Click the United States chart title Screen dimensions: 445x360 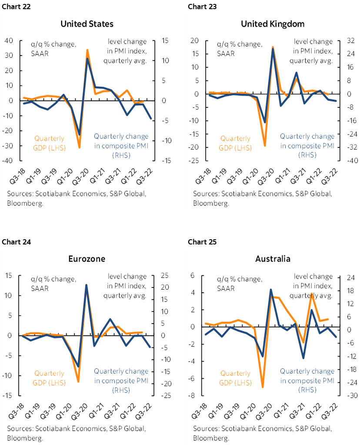[x=87, y=23]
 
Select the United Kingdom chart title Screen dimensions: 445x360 [x=273, y=23]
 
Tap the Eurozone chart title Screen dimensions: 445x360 [x=87, y=259]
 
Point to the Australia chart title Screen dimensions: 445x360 [x=273, y=259]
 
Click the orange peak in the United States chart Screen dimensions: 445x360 [x=87, y=50]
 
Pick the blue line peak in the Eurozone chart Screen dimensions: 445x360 [x=87, y=285]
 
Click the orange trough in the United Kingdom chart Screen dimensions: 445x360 [x=265, y=146]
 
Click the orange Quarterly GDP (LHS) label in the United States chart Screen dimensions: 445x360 [x=49, y=143]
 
